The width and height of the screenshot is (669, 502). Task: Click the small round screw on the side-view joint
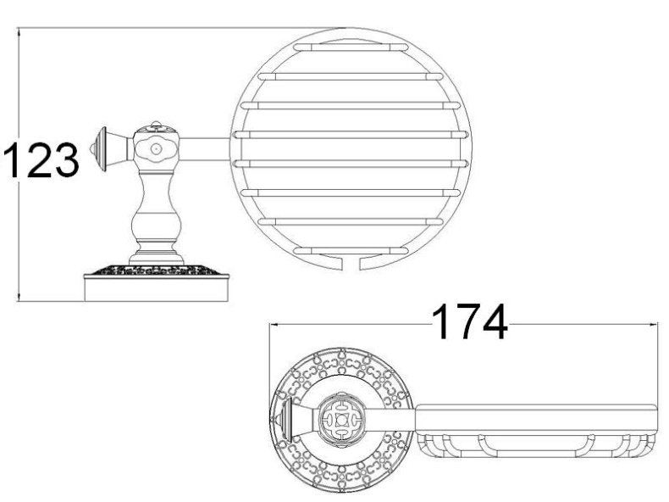(156, 149)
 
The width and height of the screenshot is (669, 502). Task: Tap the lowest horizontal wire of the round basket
(348, 249)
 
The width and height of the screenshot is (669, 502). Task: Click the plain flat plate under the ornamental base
(157, 289)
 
